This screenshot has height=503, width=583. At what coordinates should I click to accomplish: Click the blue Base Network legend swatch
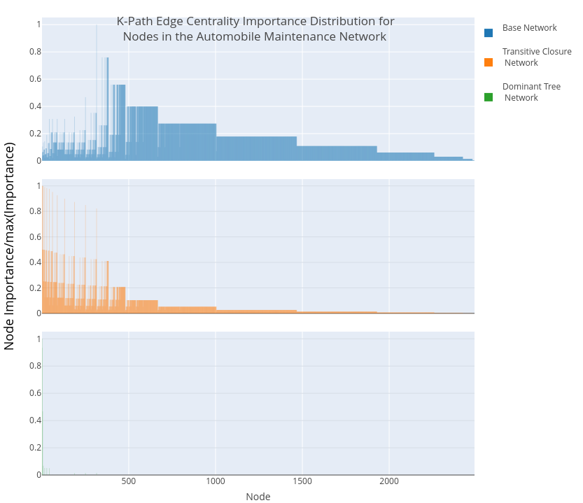pyautogui.click(x=489, y=33)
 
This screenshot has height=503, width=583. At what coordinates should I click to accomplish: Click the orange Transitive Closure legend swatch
pyautogui.click(x=489, y=62)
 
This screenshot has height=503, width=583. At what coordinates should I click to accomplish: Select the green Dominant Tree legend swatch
pyautogui.click(x=489, y=97)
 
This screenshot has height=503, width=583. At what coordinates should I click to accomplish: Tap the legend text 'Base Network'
pyautogui.click(x=529, y=28)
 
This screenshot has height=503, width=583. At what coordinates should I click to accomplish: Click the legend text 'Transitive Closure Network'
pyautogui.click(x=536, y=57)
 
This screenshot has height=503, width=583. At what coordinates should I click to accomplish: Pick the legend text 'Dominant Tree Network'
pyautogui.click(x=531, y=92)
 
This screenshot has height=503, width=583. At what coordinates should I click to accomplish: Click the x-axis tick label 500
pyautogui.click(x=129, y=481)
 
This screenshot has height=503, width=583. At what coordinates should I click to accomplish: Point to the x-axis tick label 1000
pyautogui.click(x=216, y=481)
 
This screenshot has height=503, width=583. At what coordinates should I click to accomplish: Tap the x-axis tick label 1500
pyautogui.click(x=302, y=481)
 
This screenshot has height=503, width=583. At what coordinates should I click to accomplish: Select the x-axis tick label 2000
pyautogui.click(x=389, y=481)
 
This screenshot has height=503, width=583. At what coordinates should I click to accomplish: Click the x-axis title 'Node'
pyautogui.click(x=258, y=497)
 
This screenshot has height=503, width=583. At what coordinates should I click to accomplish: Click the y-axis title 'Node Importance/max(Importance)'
pyautogui.click(x=10, y=246)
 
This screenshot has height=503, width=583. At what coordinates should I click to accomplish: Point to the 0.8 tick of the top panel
pyautogui.click(x=35, y=52)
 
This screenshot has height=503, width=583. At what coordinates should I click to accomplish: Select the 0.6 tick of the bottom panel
pyautogui.click(x=35, y=393)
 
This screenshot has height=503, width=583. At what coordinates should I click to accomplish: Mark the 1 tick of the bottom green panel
pyautogui.click(x=38, y=339)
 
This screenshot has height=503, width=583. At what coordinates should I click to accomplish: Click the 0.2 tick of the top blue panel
pyautogui.click(x=35, y=134)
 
